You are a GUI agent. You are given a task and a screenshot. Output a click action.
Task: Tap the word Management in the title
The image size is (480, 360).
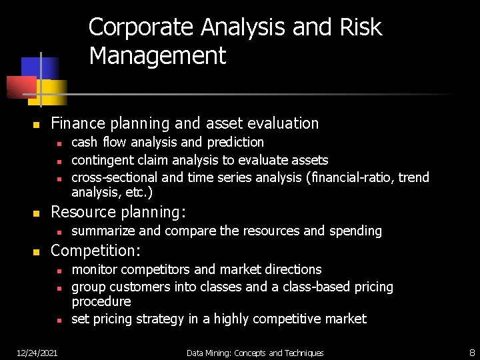(157, 56)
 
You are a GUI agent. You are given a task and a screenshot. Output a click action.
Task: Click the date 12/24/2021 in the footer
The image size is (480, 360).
(37, 353)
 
